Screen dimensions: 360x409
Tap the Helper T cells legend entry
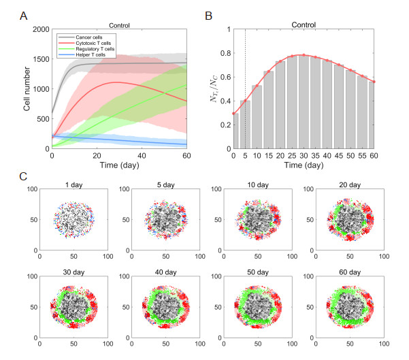coord(93,57)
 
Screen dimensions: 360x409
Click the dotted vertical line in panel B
coord(245,88)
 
